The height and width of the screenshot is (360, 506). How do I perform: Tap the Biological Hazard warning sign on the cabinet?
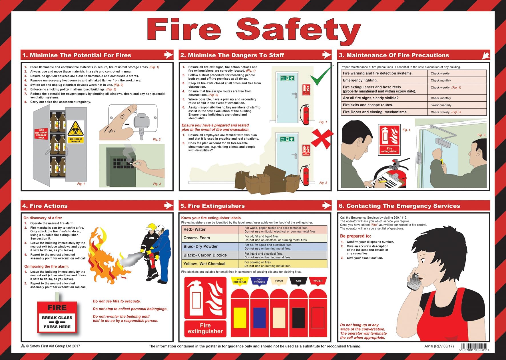pos(76,132)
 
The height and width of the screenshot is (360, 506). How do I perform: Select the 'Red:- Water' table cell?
pos(210,230)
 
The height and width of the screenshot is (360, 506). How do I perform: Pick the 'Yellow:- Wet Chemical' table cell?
pos(210,264)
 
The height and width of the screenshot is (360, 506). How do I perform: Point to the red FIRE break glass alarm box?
pos(57,317)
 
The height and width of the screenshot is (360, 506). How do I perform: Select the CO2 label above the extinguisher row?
pos(298,281)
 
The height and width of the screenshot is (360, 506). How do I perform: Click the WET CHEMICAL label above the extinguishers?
pos(240,281)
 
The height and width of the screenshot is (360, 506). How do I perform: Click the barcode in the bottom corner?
pos(474,347)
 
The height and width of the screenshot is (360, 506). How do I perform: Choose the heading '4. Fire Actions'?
pos(45,206)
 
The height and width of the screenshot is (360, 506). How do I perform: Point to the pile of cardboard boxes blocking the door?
pos(266,180)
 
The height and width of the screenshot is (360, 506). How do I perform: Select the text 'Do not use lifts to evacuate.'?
pos(117,301)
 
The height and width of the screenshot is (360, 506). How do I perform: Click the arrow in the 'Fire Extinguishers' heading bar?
pos(326,205)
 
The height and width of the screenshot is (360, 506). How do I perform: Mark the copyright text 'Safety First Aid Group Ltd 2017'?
pos(53,346)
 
